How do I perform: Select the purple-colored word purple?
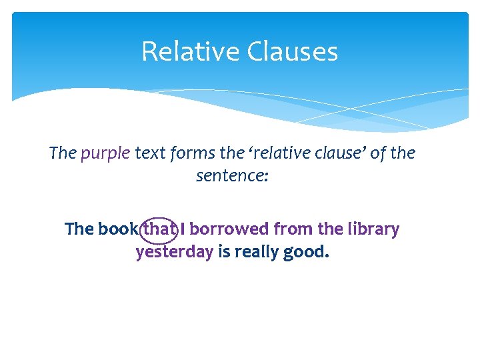[105, 153]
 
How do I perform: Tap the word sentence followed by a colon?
[230, 177]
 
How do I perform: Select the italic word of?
[377, 153]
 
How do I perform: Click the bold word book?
[119, 229]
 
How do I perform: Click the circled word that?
[159, 229]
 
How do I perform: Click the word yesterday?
[174, 253]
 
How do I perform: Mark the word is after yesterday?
[224, 253]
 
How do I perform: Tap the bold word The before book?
[79, 229]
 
